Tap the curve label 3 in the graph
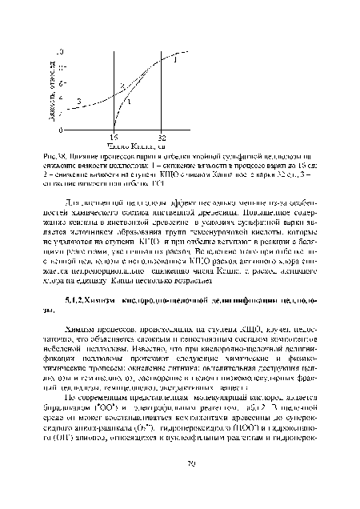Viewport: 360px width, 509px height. pyautogui.click(x=78, y=100)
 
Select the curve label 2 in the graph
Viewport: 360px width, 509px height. pyautogui.click(x=122, y=85)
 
